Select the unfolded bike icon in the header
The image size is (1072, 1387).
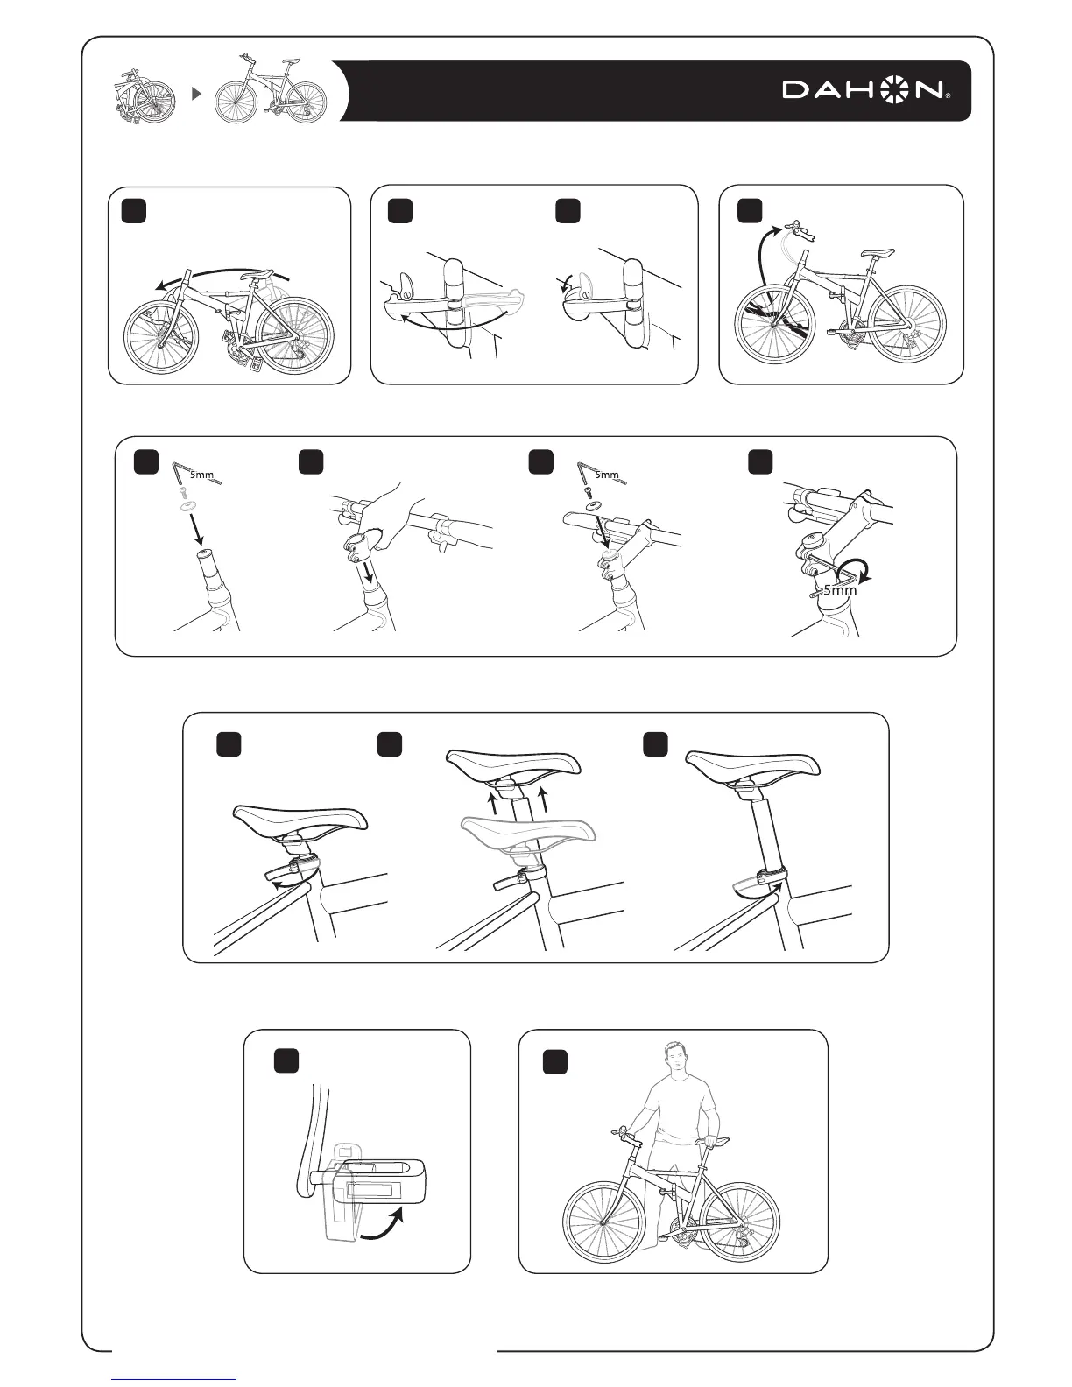click(270, 89)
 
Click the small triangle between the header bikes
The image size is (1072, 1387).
click(197, 93)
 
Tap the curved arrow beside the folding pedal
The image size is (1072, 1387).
click(383, 1227)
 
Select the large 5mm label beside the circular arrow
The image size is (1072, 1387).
click(840, 590)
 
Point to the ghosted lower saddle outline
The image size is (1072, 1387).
click(528, 836)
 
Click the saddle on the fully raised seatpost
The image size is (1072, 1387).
click(753, 765)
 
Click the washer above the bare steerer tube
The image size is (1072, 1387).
click(187, 505)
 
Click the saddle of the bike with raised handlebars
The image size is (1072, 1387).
click(878, 253)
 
